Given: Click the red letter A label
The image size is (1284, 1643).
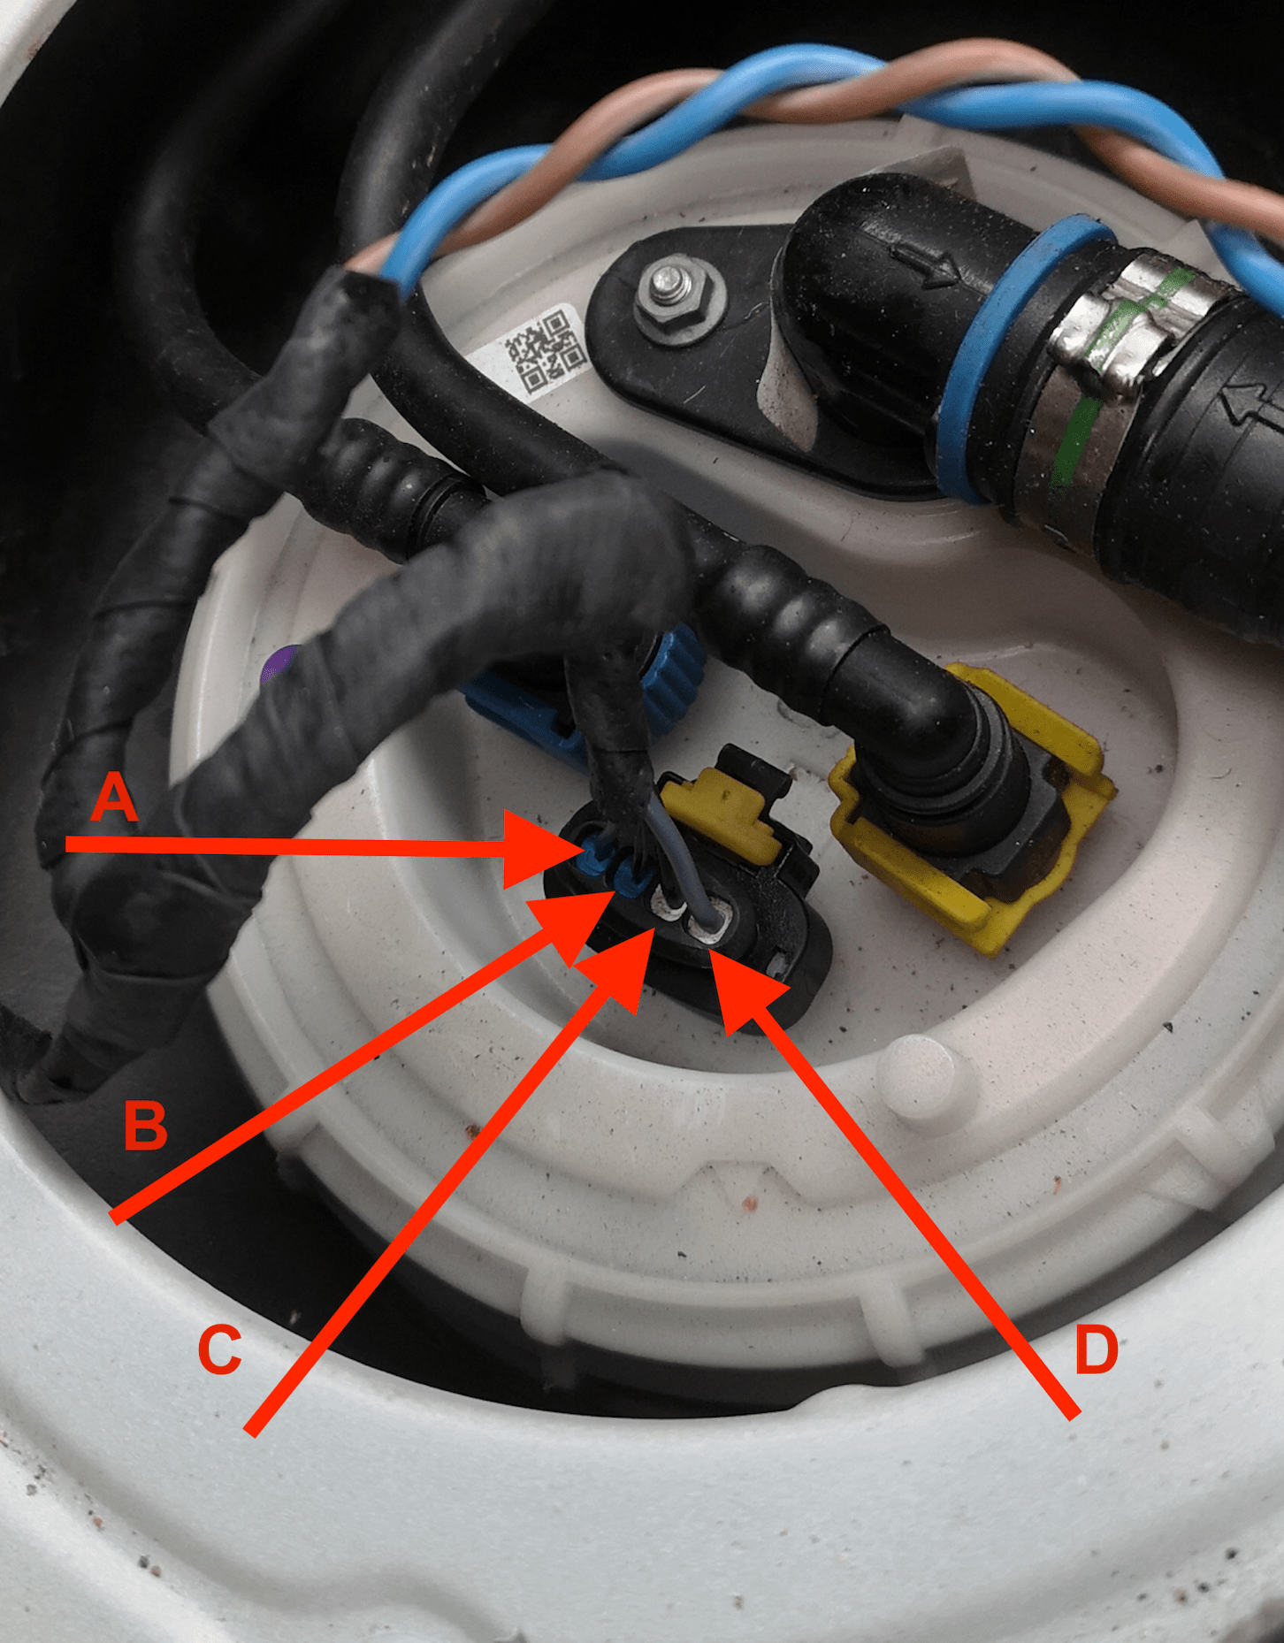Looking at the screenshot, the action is tap(115, 796).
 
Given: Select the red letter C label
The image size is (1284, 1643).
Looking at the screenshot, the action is tap(218, 1349).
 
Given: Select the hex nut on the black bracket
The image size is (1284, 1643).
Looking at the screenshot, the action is tap(675, 296).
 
